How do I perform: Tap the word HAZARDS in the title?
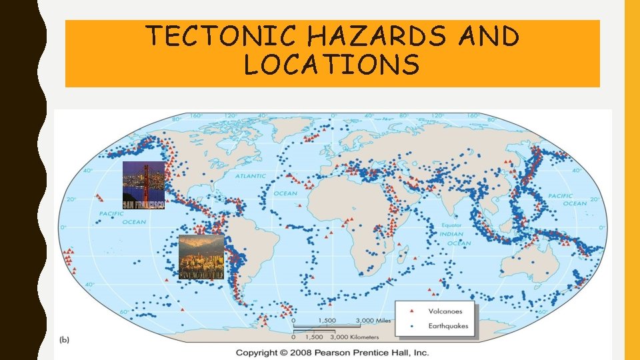point(387,36)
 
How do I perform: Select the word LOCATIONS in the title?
point(332,65)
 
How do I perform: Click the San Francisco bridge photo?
point(143,185)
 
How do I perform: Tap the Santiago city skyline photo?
point(201,257)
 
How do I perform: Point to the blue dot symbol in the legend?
point(413,326)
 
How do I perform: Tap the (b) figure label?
point(65,339)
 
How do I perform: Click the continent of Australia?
point(527,263)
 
